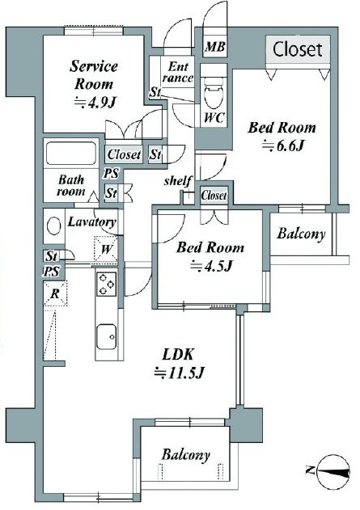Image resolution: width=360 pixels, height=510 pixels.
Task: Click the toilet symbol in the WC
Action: [x=214, y=92]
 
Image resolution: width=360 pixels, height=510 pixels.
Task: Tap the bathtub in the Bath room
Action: [x=71, y=154]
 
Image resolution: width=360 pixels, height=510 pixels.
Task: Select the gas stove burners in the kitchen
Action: [x=106, y=284]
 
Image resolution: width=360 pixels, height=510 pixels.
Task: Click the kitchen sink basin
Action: [x=106, y=337]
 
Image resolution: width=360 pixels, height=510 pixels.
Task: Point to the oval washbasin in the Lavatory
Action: [x=54, y=225]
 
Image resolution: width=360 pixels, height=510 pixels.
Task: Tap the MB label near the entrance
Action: [x=214, y=47]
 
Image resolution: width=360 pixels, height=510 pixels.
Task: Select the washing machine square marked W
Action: [x=105, y=249]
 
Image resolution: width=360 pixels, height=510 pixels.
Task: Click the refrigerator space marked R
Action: [x=55, y=293]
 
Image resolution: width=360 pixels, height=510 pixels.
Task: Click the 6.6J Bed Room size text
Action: [x=282, y=145]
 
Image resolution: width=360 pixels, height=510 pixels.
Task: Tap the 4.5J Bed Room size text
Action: [x=210, y=266]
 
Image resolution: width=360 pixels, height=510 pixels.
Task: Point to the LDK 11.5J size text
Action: [x=179, y=372]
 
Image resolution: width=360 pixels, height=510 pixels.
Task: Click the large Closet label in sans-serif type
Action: [x=298, y=49]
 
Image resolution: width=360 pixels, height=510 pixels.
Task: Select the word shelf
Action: [x=177, y=180]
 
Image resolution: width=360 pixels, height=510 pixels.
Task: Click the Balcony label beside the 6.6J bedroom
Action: [x=301, y=234]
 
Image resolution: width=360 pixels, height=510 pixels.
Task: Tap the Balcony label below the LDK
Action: [x=185, y=454]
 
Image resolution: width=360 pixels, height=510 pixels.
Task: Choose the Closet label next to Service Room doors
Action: [x=125, y=154]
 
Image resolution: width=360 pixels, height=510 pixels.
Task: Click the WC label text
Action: [x=214, y=117]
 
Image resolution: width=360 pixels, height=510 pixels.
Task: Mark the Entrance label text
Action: [x=178, y=72]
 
